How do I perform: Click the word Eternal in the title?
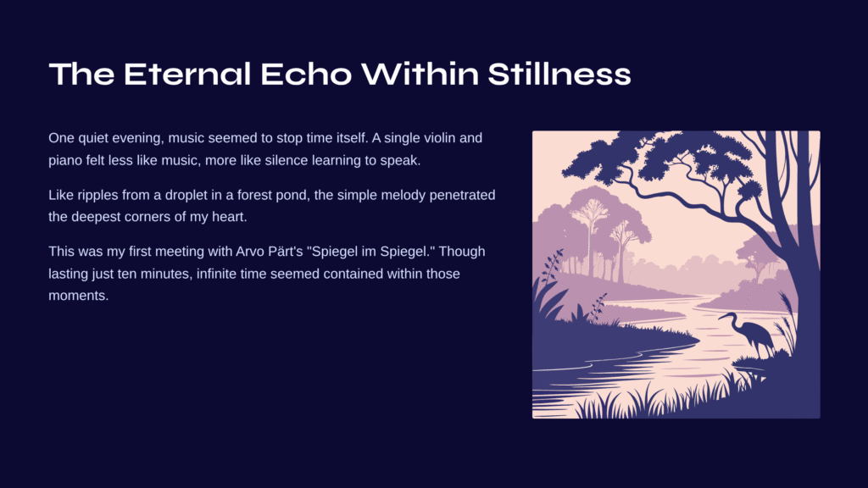point(187,75)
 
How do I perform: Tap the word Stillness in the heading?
point(559,75)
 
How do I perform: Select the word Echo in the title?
point(306,75)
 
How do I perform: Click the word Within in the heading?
point(420,75)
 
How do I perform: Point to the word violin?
point(439,138)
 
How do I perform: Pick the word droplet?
point(186,196)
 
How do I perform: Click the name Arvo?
point(249,252)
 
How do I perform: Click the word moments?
point(79,296)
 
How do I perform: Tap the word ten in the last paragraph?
point(127,274)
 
